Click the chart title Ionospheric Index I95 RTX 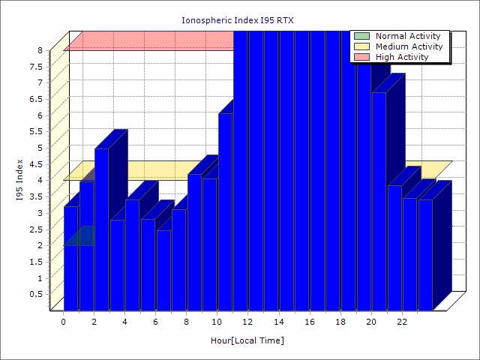tap(238, 20)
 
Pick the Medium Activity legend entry tap(409, 46)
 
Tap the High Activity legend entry tap(402, 57)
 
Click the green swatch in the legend tap(362, 36)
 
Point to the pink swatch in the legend tap(362, 57)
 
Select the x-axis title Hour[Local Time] tap(247, 341)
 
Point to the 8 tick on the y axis tap(40, 50)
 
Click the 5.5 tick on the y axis tap(37, 131)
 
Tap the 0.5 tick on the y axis tap(37, 294)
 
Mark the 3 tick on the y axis tap(40, 213)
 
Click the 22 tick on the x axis tap(402, 322)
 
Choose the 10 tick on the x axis tap(217, 322)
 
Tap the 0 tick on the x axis tap(64, 322)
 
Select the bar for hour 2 tap(101, 229)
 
